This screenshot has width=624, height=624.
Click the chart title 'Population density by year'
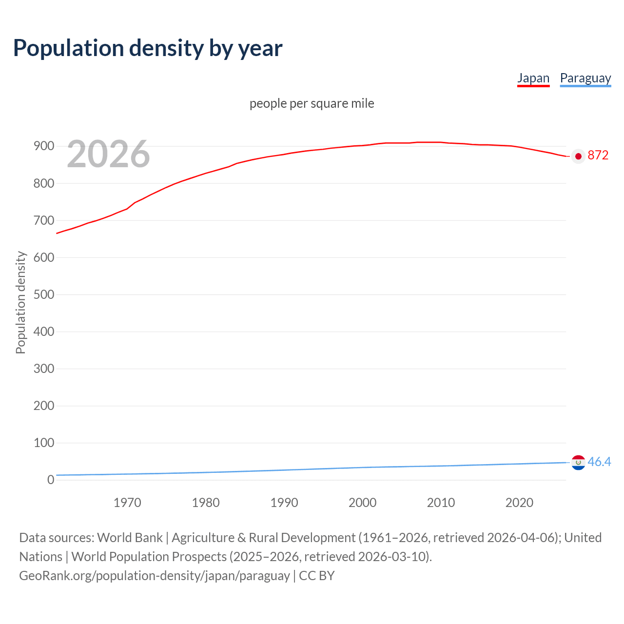[x=148, y=48]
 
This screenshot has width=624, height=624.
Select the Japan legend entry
[x=533, y=78]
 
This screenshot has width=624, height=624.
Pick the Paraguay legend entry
[x=585, y=78]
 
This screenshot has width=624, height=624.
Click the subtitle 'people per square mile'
[x=312, y=103]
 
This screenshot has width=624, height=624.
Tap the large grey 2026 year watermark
[x=108, y=154]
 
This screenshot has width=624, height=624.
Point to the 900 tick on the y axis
[x=43, y=146]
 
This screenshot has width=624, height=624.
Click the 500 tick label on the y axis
[x=43, y=294]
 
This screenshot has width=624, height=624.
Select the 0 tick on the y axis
[x=51, y=480]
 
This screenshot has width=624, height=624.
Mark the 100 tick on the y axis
[x=43, y=443]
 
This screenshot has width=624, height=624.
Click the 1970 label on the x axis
[x=127, y=503]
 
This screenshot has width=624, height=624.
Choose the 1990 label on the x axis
[x=284, y=503]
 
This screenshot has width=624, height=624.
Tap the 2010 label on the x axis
[x=441, y=503]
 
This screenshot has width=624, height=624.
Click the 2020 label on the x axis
[x=519, y=503]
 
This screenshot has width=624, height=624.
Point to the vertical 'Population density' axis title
[x=20, y=302]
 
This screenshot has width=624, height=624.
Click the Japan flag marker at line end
[x=578, y=156]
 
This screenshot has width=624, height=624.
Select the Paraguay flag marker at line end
[x=578, y=462]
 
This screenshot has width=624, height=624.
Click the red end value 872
[x=598, y=156]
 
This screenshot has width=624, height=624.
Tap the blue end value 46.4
[x=599, y=462]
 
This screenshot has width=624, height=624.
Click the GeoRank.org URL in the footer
[x=155, y=575]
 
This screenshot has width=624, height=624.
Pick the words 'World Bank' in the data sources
[x=130, y=537]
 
